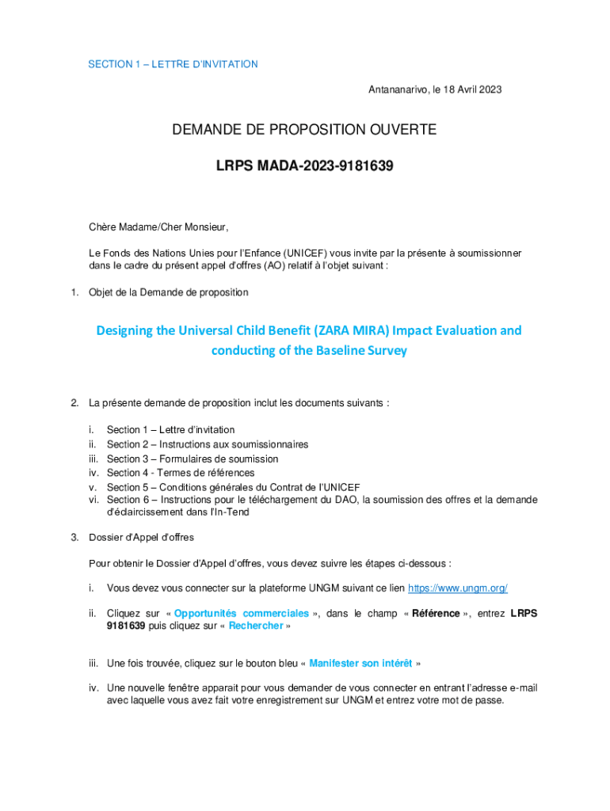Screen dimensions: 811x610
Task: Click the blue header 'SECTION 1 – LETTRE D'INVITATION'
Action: point(173,64)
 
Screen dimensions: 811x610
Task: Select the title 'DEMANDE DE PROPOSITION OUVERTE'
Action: point(304,129)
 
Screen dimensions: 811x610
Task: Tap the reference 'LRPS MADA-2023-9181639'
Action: point(305,167)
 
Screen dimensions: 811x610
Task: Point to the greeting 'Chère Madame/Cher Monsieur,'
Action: point(158,228)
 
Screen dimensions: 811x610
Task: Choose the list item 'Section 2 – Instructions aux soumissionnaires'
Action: point(208,444)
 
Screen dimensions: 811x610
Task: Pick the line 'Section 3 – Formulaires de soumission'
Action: point(193,459)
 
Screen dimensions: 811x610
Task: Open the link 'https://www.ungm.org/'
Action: point(457,588)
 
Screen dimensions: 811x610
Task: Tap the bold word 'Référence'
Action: point(436,613)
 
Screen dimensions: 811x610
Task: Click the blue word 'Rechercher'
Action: point(256,625)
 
